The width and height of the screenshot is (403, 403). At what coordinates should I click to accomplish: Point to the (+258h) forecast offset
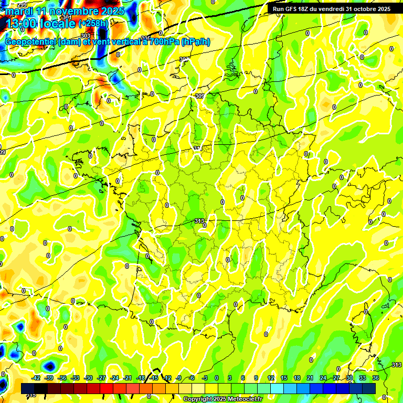(93, 24)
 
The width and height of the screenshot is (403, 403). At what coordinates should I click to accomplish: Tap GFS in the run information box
(291, 9)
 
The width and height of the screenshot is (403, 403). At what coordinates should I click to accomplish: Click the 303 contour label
(86, 36)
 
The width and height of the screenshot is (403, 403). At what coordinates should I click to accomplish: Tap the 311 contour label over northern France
(198, 149)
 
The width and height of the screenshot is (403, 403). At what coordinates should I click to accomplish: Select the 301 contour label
(67, 18)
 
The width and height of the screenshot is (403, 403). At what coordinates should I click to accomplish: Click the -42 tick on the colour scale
(36, 378)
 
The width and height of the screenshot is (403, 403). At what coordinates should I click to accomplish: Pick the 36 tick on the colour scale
(376, 378)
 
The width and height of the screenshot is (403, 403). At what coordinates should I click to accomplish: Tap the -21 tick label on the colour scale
(128, 378)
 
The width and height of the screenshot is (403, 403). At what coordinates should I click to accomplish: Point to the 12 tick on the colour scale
(271, 378)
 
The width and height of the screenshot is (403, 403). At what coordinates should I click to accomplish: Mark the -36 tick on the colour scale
(62, 378)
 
